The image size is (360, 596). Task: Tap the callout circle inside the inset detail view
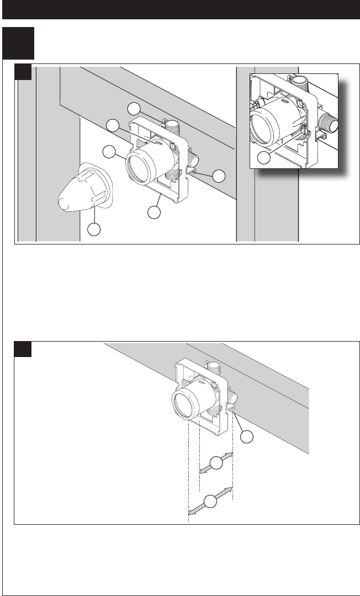264,158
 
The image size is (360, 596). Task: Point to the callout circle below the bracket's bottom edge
155,211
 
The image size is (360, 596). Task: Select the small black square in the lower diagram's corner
22,349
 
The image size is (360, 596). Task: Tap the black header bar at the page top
180,10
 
